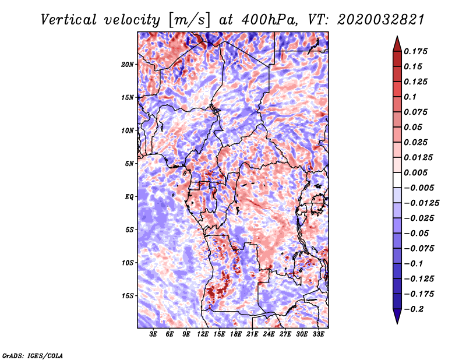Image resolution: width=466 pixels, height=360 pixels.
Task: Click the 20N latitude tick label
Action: point(127,65)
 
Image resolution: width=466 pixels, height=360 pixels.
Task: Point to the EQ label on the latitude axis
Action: point(129,197)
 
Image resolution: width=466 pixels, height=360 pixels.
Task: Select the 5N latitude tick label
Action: point(129,164)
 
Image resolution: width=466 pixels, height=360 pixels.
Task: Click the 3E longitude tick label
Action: point(153,334)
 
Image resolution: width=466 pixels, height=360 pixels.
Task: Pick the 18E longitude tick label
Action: point(236,334)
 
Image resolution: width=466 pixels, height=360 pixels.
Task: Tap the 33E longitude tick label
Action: point(318,334)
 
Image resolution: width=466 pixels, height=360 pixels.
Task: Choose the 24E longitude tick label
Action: point(269,334)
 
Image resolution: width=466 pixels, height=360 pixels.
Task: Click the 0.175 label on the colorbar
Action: point(415,51)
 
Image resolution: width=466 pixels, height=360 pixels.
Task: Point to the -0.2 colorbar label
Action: point(414,309)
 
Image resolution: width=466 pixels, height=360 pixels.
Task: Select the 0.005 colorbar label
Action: point(415,172)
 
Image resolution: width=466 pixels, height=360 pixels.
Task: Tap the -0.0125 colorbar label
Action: point(421,203)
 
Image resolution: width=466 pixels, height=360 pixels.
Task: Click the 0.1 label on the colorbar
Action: point(410,97)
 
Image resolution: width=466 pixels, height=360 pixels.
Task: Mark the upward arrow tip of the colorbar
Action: point(397,36)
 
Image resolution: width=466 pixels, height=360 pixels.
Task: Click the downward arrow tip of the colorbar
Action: point(397,323)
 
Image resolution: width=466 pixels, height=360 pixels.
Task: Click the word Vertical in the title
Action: point(69,20)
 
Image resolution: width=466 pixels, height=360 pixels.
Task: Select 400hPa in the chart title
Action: point(269,20)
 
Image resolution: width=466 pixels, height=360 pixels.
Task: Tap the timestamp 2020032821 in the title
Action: point(380,20)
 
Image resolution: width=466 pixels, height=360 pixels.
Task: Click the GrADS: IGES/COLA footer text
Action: point(33,355)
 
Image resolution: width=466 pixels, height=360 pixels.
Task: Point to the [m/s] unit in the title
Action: point(189,20)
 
